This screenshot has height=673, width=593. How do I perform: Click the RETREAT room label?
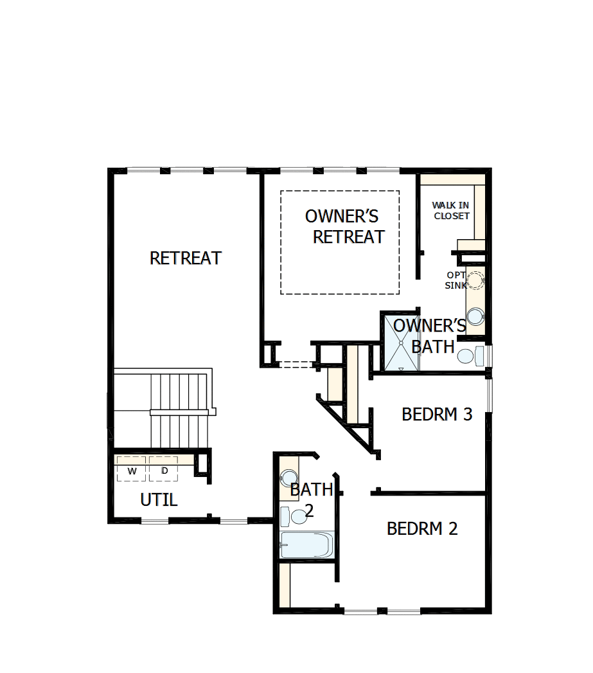pos(186,258)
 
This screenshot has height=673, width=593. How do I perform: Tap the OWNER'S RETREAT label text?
pos(344,226)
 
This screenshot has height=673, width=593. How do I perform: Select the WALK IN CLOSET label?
pos(451,211)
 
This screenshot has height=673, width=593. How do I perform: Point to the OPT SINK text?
pos(456,280)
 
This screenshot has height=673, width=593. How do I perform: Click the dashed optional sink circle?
pos(475,280)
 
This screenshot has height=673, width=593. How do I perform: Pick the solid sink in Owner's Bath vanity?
pos(475,316)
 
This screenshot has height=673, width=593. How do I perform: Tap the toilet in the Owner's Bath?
pos(470,356)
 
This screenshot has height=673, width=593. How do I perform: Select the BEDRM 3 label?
pos(437,415)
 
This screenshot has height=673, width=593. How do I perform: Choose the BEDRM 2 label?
pos(422,529)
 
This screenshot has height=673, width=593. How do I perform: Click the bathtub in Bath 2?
pos(306,546)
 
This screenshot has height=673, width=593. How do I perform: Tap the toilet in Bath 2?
pos(294,516)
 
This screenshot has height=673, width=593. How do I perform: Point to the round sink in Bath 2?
pos(287,478)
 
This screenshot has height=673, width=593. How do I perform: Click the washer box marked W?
pos(132,470)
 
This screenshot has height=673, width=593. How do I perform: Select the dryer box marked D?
pos(164,470)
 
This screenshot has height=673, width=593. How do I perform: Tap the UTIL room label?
pos(159,500)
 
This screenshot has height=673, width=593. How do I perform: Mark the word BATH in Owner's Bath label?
pos(433,347)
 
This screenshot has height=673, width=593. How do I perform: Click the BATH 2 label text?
pos(311,498)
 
